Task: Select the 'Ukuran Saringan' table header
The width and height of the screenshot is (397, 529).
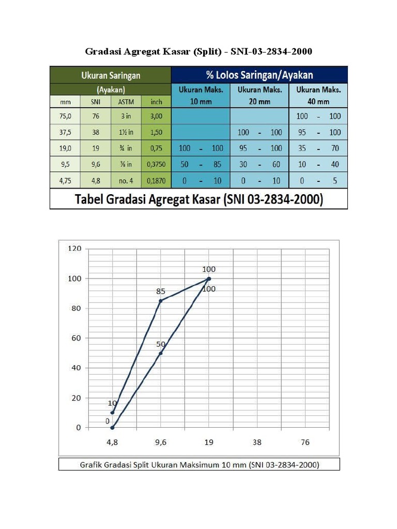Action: tap(111, 75)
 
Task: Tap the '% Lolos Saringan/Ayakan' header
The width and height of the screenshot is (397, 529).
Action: tap(259, 75)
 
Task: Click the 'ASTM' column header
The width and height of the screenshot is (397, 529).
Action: tap(126, 102)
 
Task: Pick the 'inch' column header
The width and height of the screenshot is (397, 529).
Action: tap(156, 102)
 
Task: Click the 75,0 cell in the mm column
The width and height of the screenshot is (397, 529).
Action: tap(65, 117)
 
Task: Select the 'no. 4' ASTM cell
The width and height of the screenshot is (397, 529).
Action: tap(126, 180)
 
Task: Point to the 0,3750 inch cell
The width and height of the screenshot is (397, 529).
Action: tap(156, 164)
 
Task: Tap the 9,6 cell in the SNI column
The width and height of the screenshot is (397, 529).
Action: tap(96, 164)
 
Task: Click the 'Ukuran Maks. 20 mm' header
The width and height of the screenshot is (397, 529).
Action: tap(259, 95)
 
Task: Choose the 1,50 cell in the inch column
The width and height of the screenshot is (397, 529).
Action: tap(156, 132)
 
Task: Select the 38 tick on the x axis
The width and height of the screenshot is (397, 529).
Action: tap(257, 442)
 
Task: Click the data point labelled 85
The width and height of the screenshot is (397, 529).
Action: tap(161, 301)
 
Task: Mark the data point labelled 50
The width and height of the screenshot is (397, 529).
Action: tap(161, 353)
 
